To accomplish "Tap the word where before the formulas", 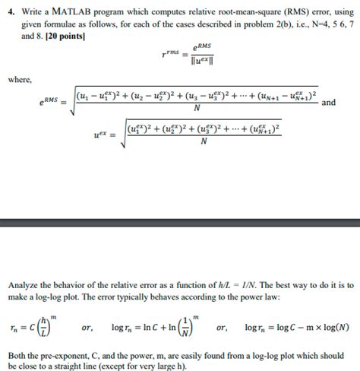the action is pos(19,78).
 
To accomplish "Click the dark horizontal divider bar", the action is pos(180,223).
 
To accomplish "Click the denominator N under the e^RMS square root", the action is pos(197,108).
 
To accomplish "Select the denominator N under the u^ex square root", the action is pos(202,141).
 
